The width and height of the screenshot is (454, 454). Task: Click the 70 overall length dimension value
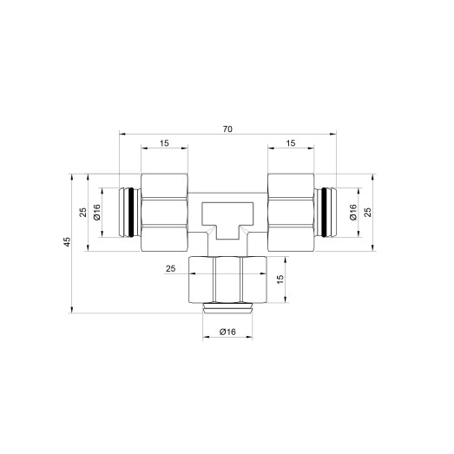click(x=227, y=128)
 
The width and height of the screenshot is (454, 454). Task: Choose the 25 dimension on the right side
click(x=370, y=213)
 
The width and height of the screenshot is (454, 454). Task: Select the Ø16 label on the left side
click(x=97, y=212)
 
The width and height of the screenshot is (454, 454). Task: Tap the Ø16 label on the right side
click(x=354, y=212)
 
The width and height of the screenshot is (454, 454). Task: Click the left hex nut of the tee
click(x=164, y=212)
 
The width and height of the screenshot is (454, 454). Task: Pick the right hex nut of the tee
click(x=290, y=212)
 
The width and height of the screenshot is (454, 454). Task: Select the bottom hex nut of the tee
click(x=227, y=280)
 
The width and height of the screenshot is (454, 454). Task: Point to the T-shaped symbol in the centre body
click(x=227, y=218)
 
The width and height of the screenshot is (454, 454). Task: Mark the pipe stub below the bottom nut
click(x=227, y=307)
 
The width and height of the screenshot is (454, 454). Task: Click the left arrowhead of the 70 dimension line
click(x=122, y=135)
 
